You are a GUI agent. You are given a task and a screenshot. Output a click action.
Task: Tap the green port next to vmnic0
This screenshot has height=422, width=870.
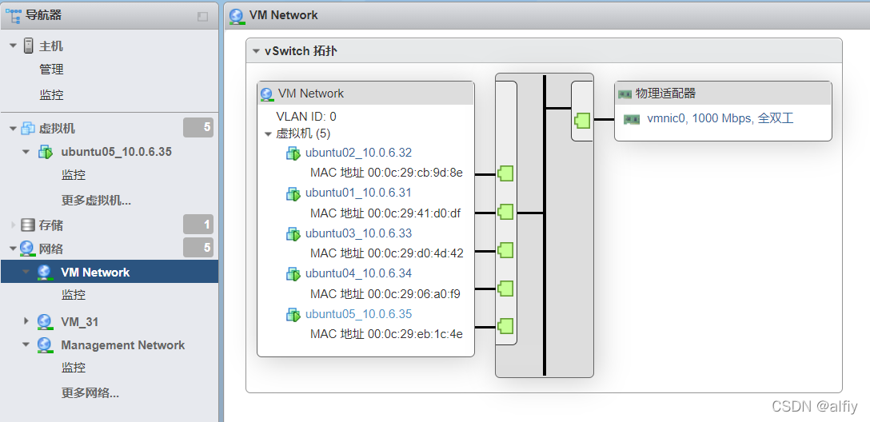click(582, 121)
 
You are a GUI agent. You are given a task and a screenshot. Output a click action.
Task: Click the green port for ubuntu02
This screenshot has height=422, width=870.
click(505, 173)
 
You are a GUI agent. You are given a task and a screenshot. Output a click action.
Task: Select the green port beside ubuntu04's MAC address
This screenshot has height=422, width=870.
click(505, 289)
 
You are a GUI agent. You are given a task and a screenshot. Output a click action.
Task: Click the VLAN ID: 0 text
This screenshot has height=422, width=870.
click(306, 116)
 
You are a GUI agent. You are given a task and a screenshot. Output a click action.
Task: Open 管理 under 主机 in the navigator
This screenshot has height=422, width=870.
click(51, 70)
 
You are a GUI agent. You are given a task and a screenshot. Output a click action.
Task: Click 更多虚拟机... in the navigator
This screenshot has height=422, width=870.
click(96, 200)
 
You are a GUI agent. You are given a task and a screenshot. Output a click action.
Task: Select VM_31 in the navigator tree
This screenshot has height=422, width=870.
click(80, 321)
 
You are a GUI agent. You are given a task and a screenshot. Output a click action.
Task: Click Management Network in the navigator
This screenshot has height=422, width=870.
click(122, 345)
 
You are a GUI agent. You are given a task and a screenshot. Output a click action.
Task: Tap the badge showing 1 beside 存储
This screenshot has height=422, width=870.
click(198, 225)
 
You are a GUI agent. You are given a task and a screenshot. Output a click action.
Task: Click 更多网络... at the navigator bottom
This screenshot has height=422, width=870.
click(90, 392)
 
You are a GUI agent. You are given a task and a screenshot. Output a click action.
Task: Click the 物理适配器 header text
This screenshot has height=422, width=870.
click(665, 94)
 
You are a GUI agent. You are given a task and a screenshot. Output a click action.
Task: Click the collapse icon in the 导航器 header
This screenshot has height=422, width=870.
click(202, 16)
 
